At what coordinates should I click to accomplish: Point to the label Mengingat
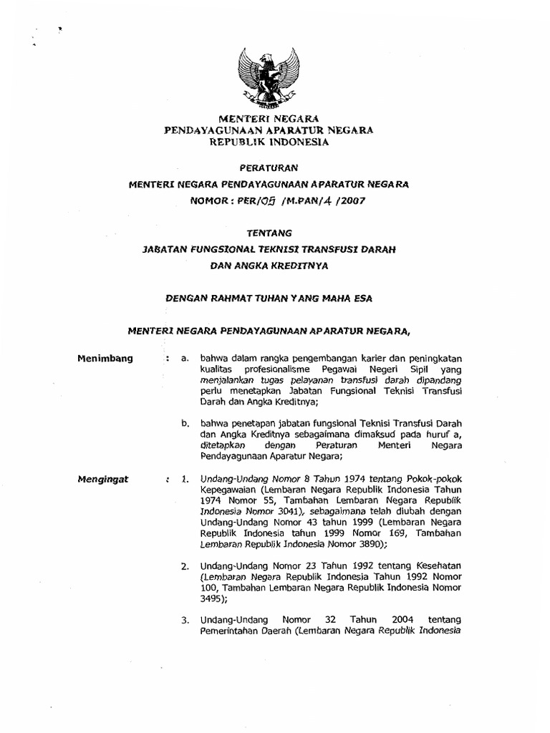[102, 480]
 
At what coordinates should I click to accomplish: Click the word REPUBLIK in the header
[234, 143]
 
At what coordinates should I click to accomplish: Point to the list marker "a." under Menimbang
[185, 358]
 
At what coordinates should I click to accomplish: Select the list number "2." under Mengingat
[184, 566]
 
